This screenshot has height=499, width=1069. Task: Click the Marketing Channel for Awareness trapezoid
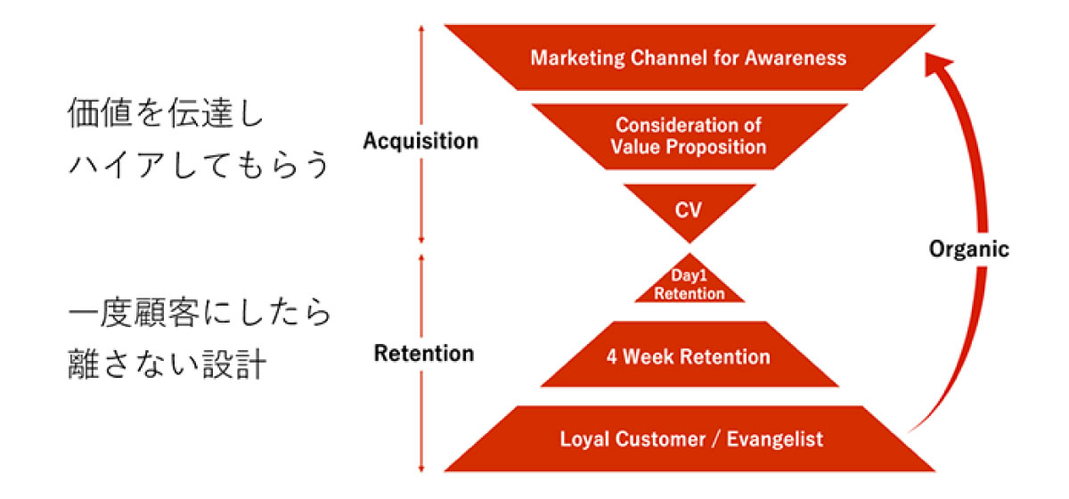689,58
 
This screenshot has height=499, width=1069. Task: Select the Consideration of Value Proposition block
689,135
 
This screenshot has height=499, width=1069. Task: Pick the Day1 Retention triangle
690,286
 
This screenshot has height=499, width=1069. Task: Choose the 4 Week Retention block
689,357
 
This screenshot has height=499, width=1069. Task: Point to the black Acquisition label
420,141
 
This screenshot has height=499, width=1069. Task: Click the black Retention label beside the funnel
424,353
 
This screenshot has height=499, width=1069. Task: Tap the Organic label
969,250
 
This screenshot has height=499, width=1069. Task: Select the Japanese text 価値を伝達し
167,116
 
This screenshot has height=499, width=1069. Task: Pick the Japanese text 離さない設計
167,365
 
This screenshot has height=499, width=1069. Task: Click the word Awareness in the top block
796,58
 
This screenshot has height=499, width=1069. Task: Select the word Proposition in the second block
719,146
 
